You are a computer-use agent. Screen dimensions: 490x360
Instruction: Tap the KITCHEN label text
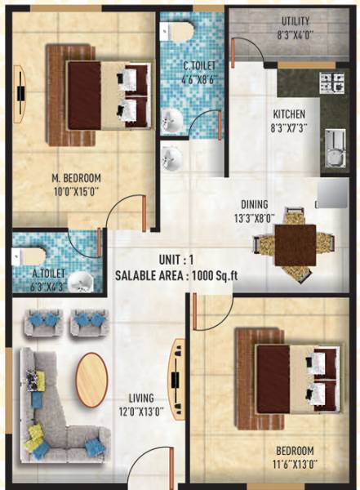[x=288, y=114]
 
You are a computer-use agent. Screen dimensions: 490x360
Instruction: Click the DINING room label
[x=256, y=205]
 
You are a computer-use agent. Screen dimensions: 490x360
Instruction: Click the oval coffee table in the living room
[x=91, y=379]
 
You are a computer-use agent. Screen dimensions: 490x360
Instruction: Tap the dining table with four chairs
[x=295, y=245]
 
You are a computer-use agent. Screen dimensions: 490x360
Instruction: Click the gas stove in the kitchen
[x=332, y=82]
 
